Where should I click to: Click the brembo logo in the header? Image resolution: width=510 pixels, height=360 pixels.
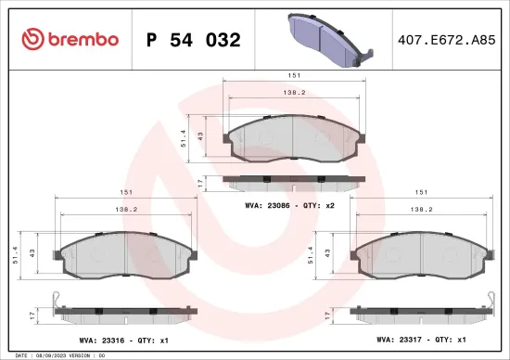pos(70,39)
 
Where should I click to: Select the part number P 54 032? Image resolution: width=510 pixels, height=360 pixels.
pos(193,40)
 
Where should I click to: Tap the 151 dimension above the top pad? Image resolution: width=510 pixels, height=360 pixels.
pos(293,75)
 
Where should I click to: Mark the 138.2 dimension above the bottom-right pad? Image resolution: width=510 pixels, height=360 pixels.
pos(423,210)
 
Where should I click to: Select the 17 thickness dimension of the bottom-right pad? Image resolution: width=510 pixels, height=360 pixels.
pos(328,315)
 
